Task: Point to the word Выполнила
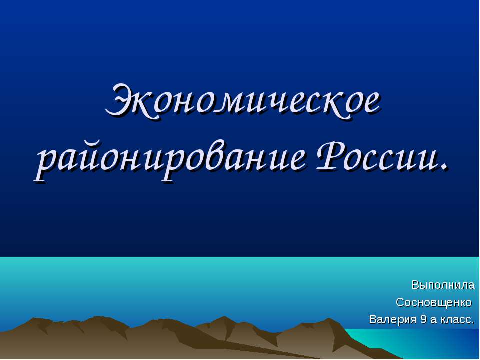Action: coord(443,285)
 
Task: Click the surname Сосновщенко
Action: coord(434,303)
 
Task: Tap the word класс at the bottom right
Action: coord(455,319)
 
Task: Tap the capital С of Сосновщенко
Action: coord(400,303)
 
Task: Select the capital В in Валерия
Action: coord(373,319)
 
